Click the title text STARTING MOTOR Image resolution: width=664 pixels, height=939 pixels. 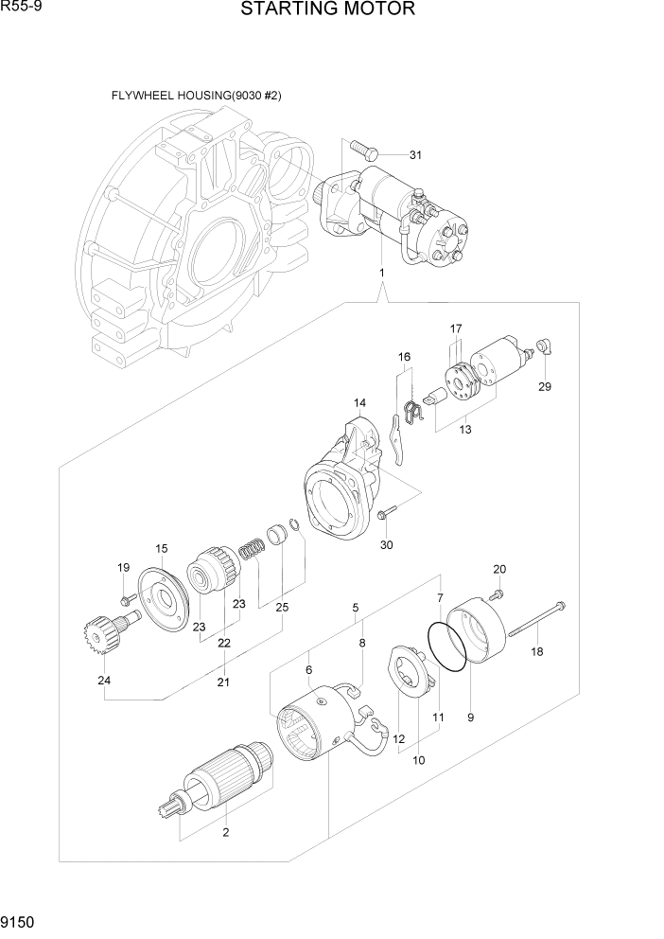point(327,10)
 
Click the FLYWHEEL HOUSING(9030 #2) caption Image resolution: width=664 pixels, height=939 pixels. point(196,96)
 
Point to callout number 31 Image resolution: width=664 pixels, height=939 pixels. point(415,154)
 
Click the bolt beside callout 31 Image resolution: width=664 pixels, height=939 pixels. point(362,148)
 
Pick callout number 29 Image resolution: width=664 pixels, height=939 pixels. point(545,386)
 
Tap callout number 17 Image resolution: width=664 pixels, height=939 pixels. point(456,328)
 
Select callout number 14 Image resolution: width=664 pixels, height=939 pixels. point(360,403)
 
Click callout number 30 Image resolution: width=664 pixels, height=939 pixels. point(386,544)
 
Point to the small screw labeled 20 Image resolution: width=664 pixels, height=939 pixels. point(497,594)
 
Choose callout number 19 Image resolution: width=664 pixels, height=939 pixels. point(123,568)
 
